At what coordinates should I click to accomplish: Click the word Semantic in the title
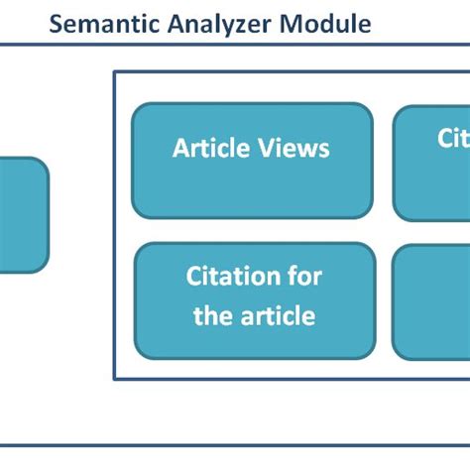100,24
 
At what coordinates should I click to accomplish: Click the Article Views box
252,160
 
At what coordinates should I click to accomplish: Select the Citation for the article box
254,299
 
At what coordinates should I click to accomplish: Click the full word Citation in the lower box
224,277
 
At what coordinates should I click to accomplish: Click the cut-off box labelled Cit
432,163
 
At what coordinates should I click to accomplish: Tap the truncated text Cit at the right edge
452,139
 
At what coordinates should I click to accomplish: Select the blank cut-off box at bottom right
432,301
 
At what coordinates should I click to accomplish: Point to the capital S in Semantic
58,24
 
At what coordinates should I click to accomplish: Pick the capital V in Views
266,149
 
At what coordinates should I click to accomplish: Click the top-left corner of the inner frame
114,71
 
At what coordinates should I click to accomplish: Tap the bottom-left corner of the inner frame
114,378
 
